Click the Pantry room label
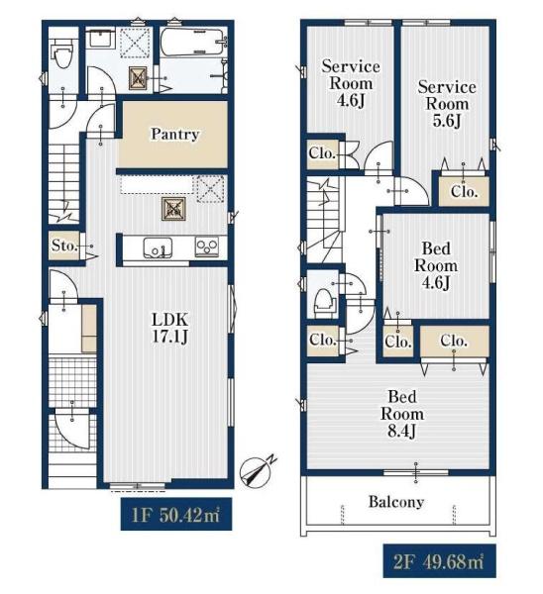tap(174, 134)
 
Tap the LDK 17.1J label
tap(169, 328)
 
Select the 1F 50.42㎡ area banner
tap(176, 514)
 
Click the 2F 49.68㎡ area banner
tap(439, 561)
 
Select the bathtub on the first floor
tap(191, 42)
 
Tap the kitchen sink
tap(158, 247)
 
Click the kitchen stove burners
tap(207, 247)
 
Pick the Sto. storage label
tap(64, 246)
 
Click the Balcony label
tap(396, 502)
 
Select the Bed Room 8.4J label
tap(402, 414)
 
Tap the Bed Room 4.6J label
tap(436, 265)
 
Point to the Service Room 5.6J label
tap(447, 104)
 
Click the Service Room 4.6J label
tap(351, 83)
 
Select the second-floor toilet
tap(325, 302)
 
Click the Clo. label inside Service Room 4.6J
tap(322, 153)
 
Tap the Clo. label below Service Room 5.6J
tap(464, 192)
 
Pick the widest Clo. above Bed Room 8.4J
tap(454, 341)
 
